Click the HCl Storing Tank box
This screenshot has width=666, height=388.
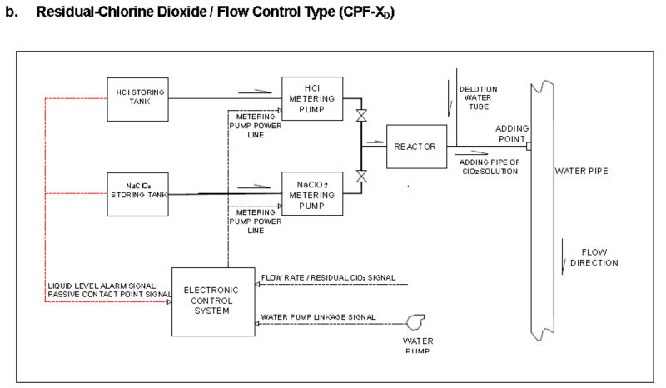138,97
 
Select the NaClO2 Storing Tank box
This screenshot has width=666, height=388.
138,193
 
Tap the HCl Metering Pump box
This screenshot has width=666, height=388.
311,98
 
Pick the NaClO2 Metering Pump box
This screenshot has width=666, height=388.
311,194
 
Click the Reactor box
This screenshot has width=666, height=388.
415,147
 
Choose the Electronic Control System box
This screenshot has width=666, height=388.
212,301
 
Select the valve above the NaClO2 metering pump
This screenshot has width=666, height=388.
361,177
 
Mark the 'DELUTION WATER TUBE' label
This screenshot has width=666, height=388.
478,98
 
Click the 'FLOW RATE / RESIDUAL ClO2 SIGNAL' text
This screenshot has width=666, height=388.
328,277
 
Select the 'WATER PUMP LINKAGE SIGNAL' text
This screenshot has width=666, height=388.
318,317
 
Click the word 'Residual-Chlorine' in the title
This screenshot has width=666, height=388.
88,14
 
